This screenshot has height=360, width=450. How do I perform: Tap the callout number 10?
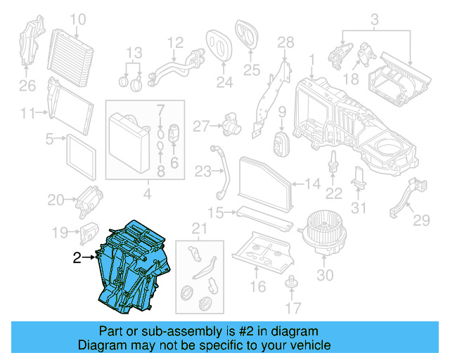78,19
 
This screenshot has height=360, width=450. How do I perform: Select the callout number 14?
313,185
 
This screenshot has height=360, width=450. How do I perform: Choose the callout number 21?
200,227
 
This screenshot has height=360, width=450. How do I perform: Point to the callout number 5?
51,139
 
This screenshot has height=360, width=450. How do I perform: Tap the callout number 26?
27,86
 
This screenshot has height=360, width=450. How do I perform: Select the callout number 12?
175,41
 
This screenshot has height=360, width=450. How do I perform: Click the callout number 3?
374,18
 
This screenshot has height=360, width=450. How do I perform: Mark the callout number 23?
203,171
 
